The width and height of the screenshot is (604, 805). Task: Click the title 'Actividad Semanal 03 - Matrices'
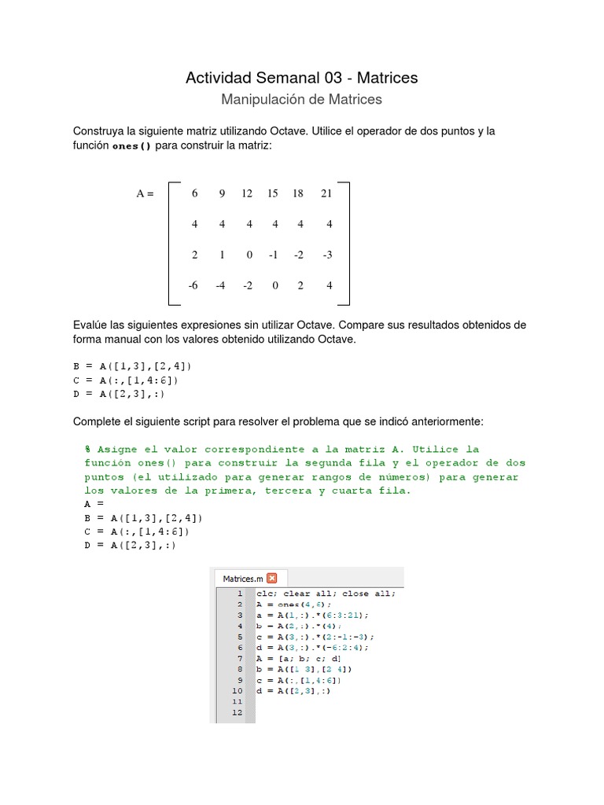[301, 78]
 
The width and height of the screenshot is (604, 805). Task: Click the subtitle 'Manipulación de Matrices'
[301, 100]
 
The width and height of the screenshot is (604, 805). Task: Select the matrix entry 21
[326, 193]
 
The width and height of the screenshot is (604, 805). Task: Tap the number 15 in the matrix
[272, 193]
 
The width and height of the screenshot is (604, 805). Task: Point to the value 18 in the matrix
[298, 193]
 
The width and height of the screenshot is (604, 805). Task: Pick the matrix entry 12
[247, 193]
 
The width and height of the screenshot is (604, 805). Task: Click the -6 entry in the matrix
[193, 285]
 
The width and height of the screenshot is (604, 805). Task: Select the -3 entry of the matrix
[327, 255]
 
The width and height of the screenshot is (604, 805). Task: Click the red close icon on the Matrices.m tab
[272, 578]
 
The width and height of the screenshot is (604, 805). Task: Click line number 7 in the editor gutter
[239, 658]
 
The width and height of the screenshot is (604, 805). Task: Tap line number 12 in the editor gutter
[238, 712]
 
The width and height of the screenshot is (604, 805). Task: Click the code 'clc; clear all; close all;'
[326, 594]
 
